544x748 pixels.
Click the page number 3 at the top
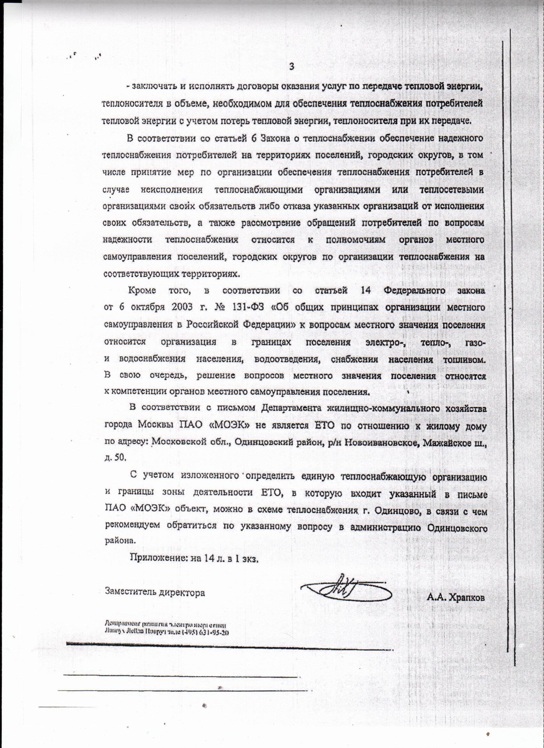[x=292, y=67]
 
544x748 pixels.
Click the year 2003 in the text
[x=182, y=307]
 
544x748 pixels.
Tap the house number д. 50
[x=115, y=459]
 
